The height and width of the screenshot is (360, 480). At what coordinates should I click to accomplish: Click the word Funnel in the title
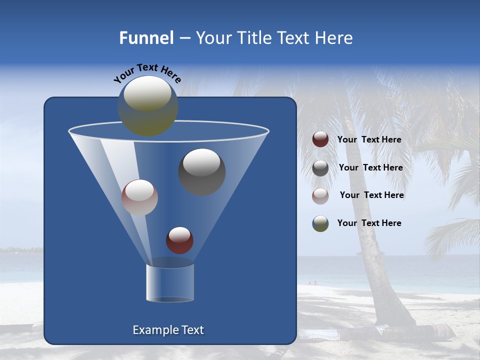click(146, 38)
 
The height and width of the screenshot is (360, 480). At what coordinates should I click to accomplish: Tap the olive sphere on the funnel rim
click(148, 105)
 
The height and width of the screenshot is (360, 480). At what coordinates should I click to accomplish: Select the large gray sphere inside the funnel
click(201, 171)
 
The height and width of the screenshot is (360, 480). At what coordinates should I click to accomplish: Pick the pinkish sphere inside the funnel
click(139, 197)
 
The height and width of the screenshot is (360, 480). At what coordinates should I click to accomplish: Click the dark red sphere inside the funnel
click(179, 240)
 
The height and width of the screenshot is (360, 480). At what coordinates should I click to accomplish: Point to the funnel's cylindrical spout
click(170, 283)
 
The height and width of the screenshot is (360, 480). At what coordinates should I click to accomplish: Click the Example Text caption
click(168, 330)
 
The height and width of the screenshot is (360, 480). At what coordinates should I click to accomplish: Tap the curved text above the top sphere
click(147, 73)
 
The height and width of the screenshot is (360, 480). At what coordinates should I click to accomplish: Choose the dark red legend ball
click(320, 139)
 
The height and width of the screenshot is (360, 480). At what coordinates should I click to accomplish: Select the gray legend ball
click(320, 168)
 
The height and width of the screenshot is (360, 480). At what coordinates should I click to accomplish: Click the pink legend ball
click(320, 195)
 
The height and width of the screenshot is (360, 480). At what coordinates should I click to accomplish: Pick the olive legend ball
click(320, 223)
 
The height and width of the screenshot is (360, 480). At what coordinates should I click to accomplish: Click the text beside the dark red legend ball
click(369, 140)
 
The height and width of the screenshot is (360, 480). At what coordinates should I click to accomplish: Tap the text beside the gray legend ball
click(370, 168)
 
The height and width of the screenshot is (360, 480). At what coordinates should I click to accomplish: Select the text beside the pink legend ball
click(371, 195)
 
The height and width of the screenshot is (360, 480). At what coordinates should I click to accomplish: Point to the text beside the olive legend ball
click(369, 223)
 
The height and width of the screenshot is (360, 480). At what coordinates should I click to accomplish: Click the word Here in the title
click(334, 38)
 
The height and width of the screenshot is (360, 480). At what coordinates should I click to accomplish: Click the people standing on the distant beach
click(312, 283)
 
